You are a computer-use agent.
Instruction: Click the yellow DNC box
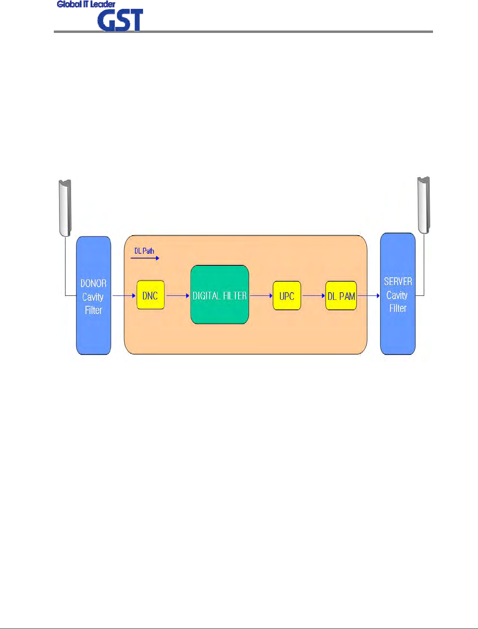(150, 295)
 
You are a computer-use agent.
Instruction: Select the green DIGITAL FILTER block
(219, 295)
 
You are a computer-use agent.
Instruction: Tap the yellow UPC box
(287, 296)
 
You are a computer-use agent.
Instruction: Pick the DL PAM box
(341, 296)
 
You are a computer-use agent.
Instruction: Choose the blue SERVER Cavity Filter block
(398, 329)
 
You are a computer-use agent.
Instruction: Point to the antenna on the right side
(424, 205)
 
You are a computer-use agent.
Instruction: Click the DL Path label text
(144, 251)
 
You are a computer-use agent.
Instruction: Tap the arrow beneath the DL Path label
(145, 258)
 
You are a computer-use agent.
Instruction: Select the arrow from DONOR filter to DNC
(124, 296)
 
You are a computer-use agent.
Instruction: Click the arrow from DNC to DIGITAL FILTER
(178, 296)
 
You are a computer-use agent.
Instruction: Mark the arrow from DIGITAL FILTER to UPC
(261, 296)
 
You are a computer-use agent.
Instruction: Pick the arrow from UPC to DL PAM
(313, 296)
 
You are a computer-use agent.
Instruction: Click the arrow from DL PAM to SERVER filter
(368, 296)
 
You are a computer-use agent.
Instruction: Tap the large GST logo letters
(120, 20)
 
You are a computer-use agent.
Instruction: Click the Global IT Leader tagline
(86, 4)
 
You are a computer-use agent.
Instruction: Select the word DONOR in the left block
(94, 283)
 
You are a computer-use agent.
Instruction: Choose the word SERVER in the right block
(398, 281)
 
